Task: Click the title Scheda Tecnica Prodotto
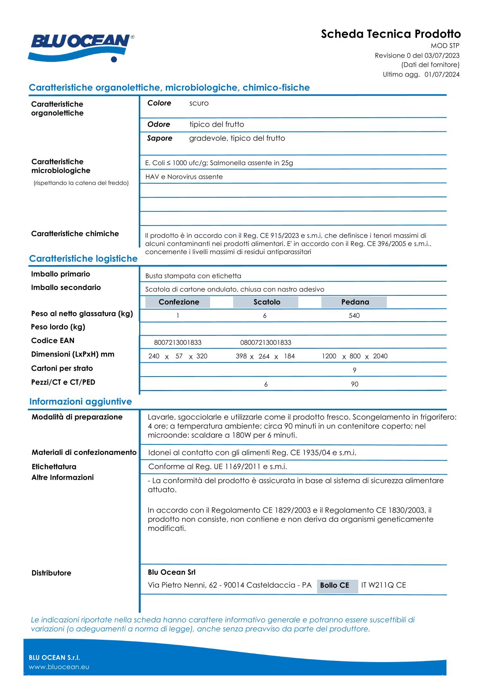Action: (390, 34)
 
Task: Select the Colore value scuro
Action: (199, 104)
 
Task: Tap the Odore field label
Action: (158, 125)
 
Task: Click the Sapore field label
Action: (160, 138)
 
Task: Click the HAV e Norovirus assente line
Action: (184, 177)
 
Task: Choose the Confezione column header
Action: (178, 302)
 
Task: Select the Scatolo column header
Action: (267, 302)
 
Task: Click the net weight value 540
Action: (354, 316)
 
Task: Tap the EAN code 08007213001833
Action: (265, 343)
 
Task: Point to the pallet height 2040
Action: (380, 356)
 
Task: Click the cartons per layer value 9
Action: (354, 370)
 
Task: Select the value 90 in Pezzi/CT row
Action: (354, 384)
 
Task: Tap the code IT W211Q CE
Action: (383, 585)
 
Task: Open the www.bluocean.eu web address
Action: (59, 667)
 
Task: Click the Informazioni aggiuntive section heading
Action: (80, 402)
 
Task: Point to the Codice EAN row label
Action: (53, 341)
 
